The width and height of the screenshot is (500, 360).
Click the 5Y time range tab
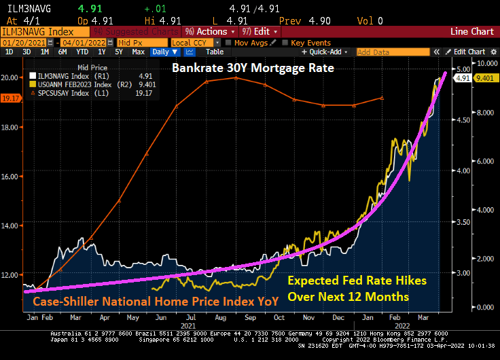119,52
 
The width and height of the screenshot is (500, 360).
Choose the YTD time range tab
82,52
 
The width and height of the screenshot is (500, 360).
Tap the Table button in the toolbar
214,52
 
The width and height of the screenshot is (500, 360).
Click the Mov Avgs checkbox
228,42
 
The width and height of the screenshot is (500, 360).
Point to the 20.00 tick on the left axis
10,77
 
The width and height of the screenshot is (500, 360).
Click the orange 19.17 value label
10,98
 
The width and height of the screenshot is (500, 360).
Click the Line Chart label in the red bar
472,31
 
